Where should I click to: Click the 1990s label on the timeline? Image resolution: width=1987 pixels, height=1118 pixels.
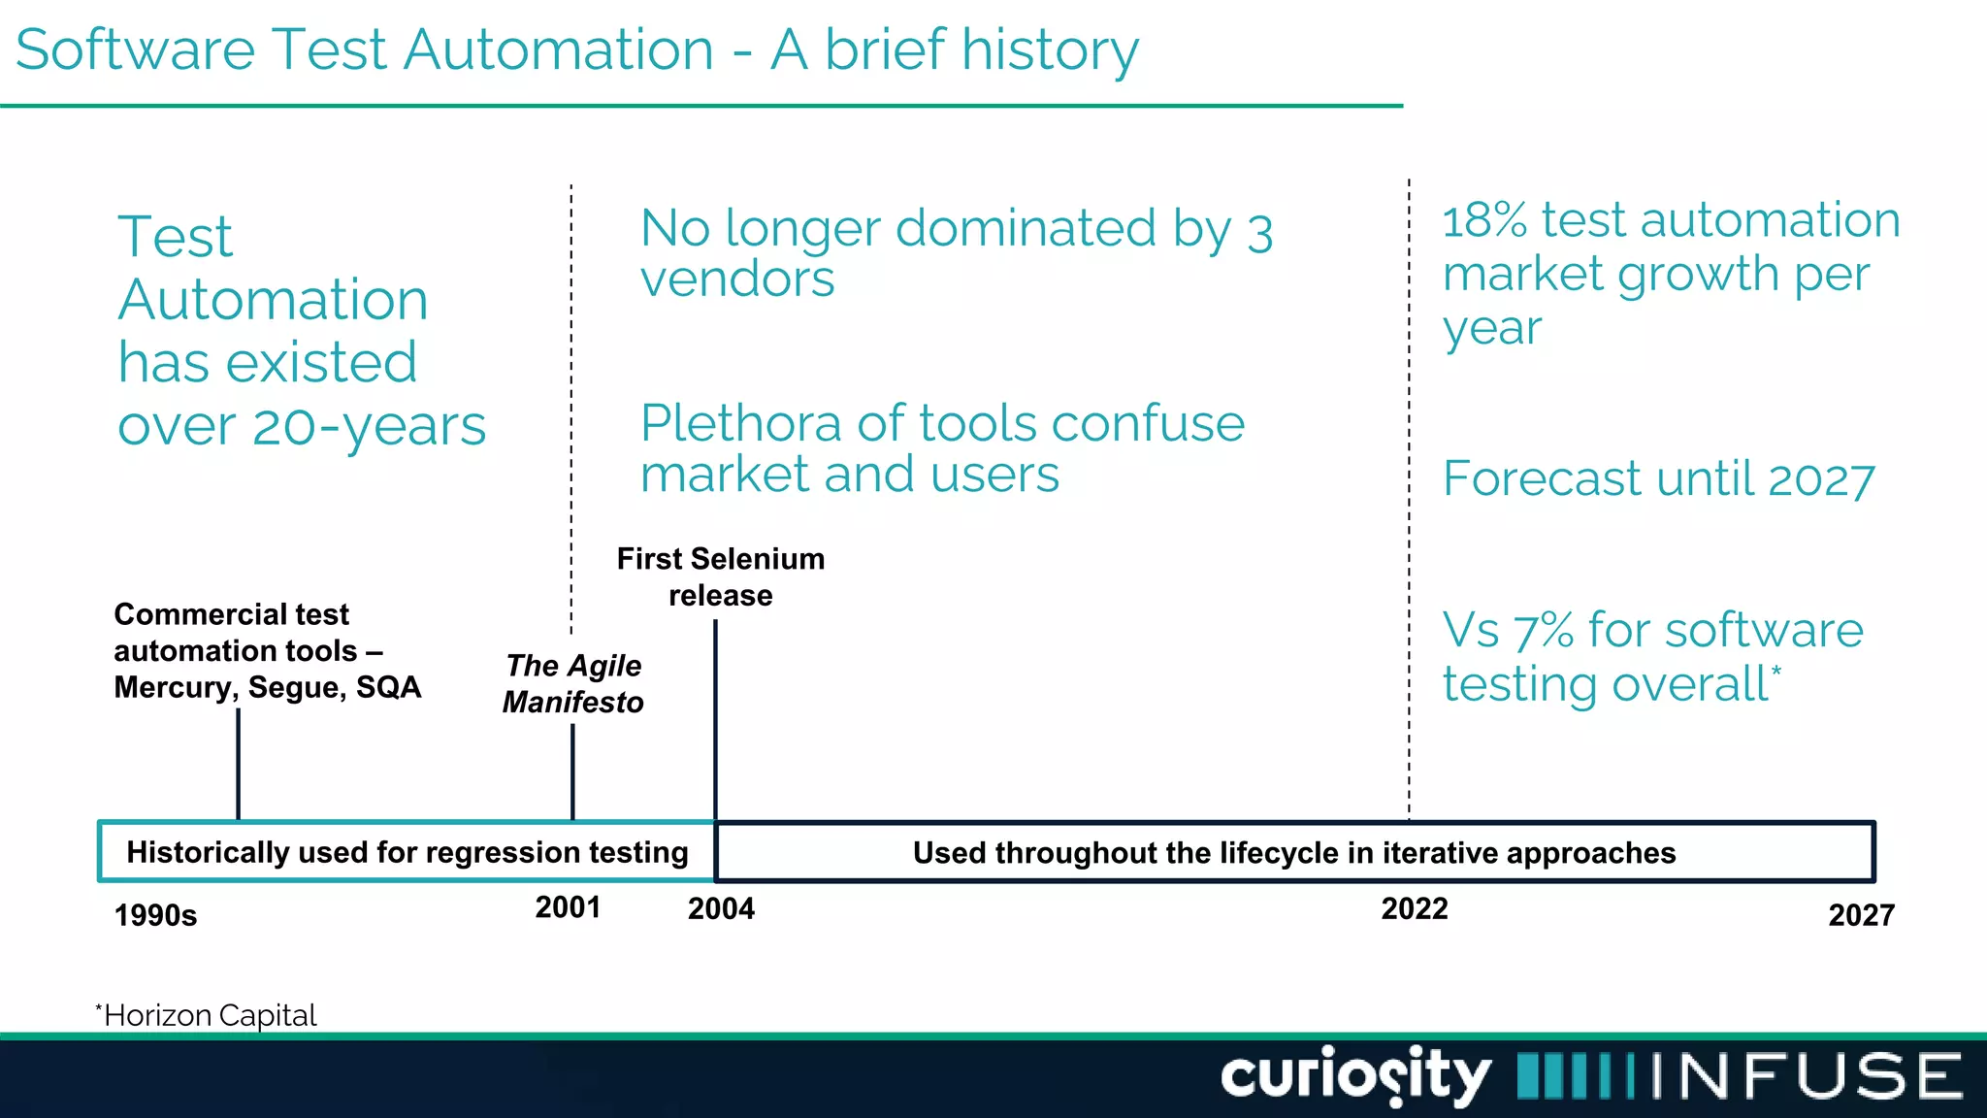(155, 915)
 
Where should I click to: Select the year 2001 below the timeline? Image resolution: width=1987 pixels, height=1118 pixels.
(568, 907)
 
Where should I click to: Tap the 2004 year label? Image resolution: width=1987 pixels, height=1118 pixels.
(721, 908)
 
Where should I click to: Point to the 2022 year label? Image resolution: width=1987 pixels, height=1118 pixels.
(1414, 908)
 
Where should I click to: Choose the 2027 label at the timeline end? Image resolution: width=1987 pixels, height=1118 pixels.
(1861, 915)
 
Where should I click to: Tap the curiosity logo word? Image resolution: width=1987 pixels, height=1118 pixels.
(1354, 1075)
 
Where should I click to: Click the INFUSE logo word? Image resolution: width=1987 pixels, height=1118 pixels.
(1806, 1075)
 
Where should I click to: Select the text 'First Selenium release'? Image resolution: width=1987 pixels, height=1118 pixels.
(721, 576)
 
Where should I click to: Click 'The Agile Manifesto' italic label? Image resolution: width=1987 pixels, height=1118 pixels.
(573, 683)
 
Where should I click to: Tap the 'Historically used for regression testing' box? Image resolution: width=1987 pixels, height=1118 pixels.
(407, 852)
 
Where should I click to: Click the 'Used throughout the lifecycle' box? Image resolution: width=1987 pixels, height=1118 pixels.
(1293, 852)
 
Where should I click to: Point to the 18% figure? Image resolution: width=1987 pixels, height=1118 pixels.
(1483, 220)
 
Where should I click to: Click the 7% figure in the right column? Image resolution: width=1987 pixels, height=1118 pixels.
(1544, 631)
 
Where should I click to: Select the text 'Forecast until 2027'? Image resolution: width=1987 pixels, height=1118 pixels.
(1658, 478)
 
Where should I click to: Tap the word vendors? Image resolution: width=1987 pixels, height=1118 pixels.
(737, 279)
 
